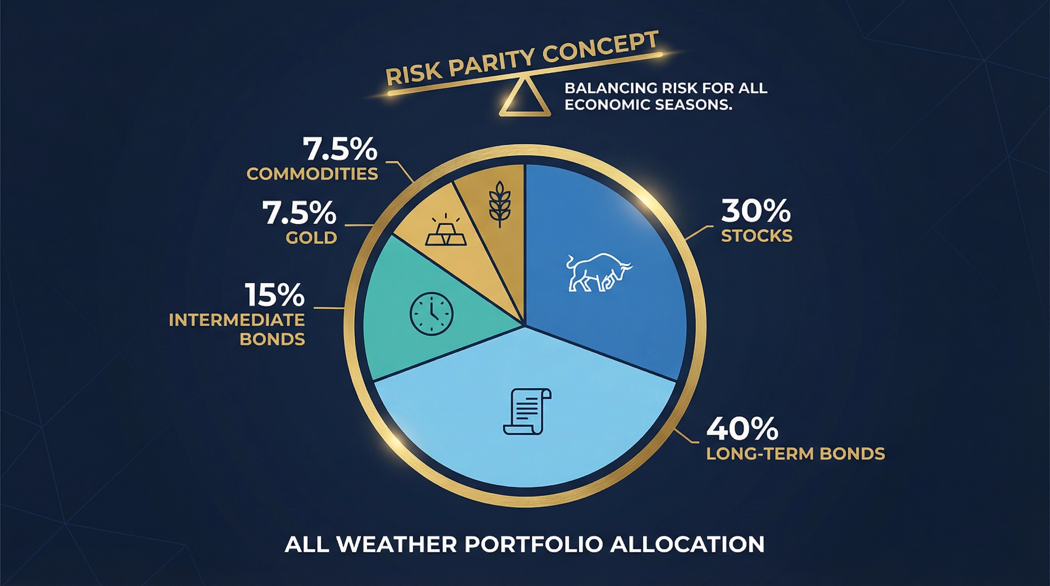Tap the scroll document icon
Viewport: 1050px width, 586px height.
tap(527, 412)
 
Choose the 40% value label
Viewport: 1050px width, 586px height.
tap(742, 429)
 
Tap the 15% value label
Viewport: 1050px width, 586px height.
tap(275, 295)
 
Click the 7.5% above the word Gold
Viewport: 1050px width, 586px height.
tap(299, 213)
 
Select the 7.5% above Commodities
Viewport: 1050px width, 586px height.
tap(340, 150)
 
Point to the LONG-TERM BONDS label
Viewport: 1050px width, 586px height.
tap(795, 454)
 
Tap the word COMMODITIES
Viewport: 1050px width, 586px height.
tap(312, 174)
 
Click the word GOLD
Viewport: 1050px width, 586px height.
tap(311, 238)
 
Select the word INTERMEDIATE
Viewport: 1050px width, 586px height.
tap(237, 320)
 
